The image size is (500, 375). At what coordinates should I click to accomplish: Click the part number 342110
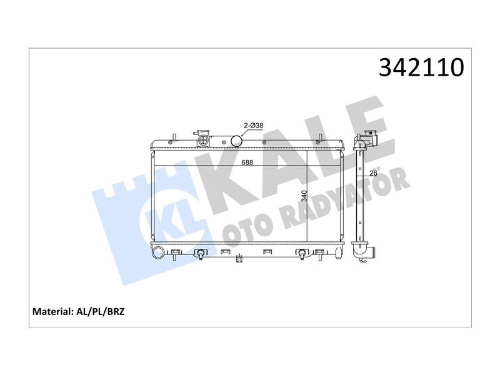421,67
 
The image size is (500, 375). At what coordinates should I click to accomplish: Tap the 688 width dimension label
247,162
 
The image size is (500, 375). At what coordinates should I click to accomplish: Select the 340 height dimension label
304,196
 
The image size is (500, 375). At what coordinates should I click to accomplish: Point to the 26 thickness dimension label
373,173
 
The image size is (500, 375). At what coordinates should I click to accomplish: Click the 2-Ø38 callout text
254,126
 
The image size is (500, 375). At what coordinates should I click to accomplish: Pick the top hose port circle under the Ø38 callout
237,141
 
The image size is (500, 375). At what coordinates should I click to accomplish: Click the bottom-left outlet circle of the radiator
158,253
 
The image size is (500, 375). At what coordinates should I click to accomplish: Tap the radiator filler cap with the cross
203,140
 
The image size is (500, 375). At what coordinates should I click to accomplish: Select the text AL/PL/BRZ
101,311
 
